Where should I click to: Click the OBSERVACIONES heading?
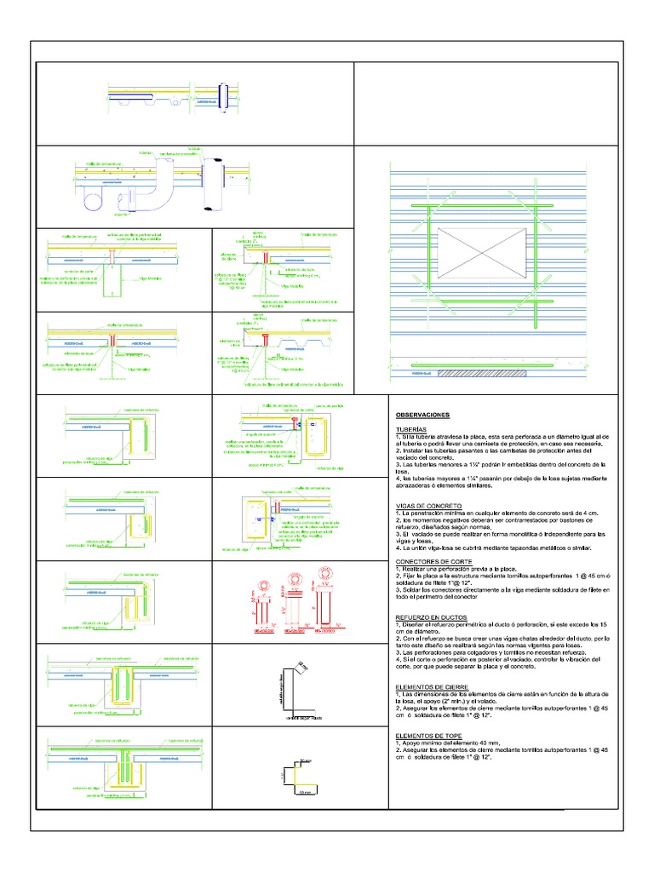pos(424,415)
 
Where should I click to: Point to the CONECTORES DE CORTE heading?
pos(432,561)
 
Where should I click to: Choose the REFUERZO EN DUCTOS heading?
pos(430,616)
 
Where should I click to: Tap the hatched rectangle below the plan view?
pos(486,373)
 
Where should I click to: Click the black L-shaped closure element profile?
pos(294,687)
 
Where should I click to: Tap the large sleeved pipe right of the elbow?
pos(211,181)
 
